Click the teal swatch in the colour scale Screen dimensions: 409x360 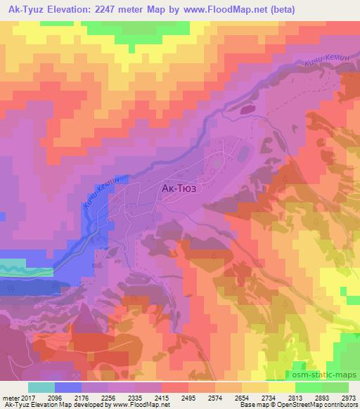(x=41, y=387)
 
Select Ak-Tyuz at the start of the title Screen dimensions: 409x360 (x=27, y=9)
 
